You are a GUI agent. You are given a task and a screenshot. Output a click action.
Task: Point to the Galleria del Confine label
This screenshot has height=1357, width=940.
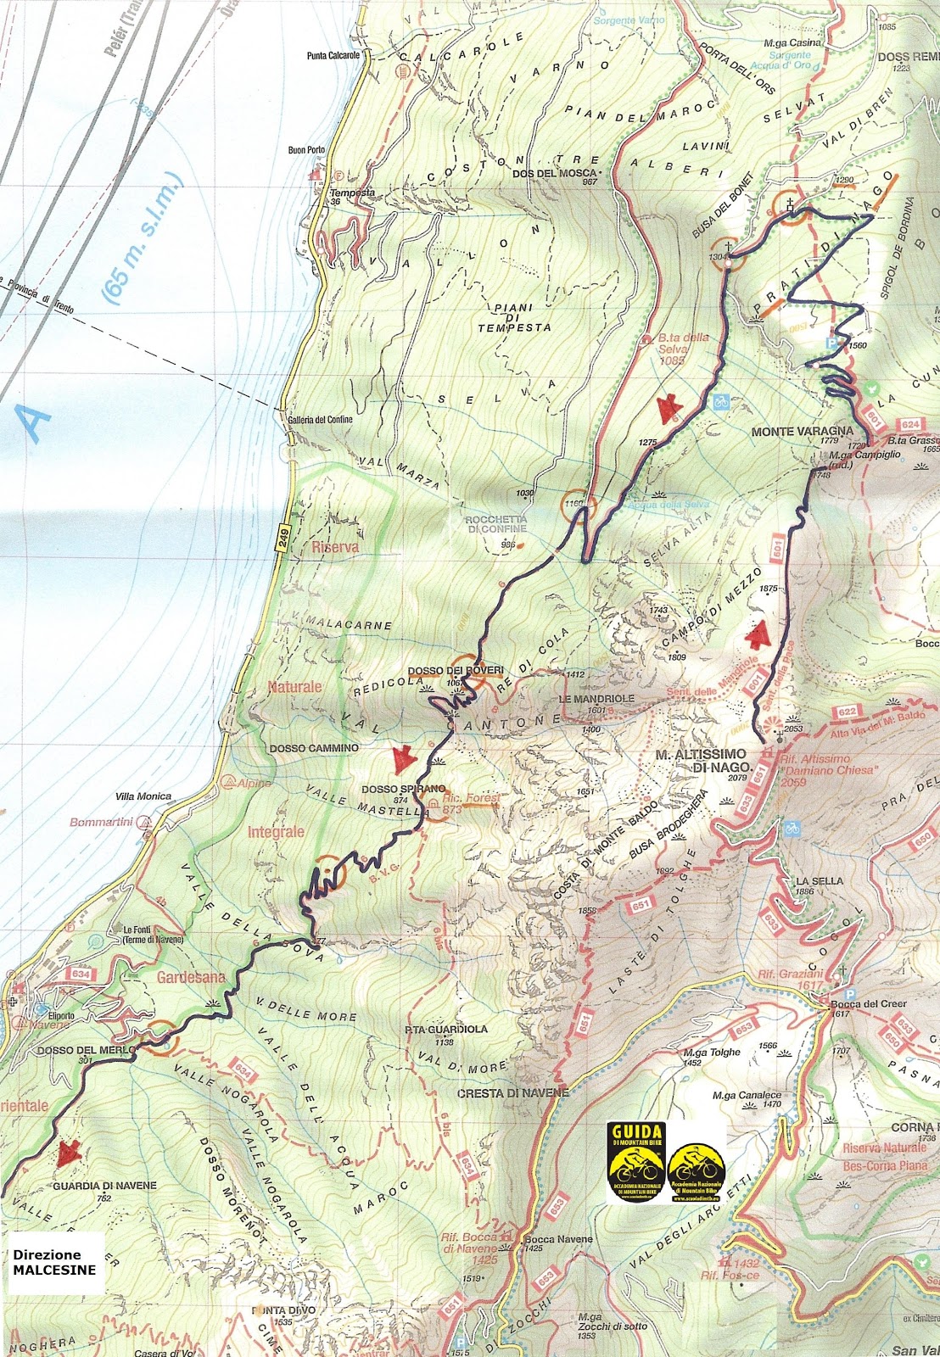[320, 419]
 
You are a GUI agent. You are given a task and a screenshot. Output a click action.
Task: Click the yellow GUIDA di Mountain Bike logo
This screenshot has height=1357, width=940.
[636, 1162]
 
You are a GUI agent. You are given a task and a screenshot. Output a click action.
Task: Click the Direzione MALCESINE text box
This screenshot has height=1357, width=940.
[53, 1261]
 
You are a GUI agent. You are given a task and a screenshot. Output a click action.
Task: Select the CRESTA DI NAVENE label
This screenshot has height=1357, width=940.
[512, 1093]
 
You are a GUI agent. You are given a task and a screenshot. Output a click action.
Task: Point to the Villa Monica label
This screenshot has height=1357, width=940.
[143, 796]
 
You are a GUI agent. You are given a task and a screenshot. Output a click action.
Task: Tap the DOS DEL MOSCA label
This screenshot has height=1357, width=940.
[556, 173]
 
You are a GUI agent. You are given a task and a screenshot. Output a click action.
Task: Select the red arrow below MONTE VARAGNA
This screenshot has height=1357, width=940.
[756, 634]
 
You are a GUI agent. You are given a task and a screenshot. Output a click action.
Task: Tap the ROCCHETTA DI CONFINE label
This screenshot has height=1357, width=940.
[495, 524]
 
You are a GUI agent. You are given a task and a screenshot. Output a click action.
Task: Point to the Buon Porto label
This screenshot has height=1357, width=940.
[306, 150]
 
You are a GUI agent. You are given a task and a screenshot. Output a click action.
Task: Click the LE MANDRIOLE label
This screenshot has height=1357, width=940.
[596, 698]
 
